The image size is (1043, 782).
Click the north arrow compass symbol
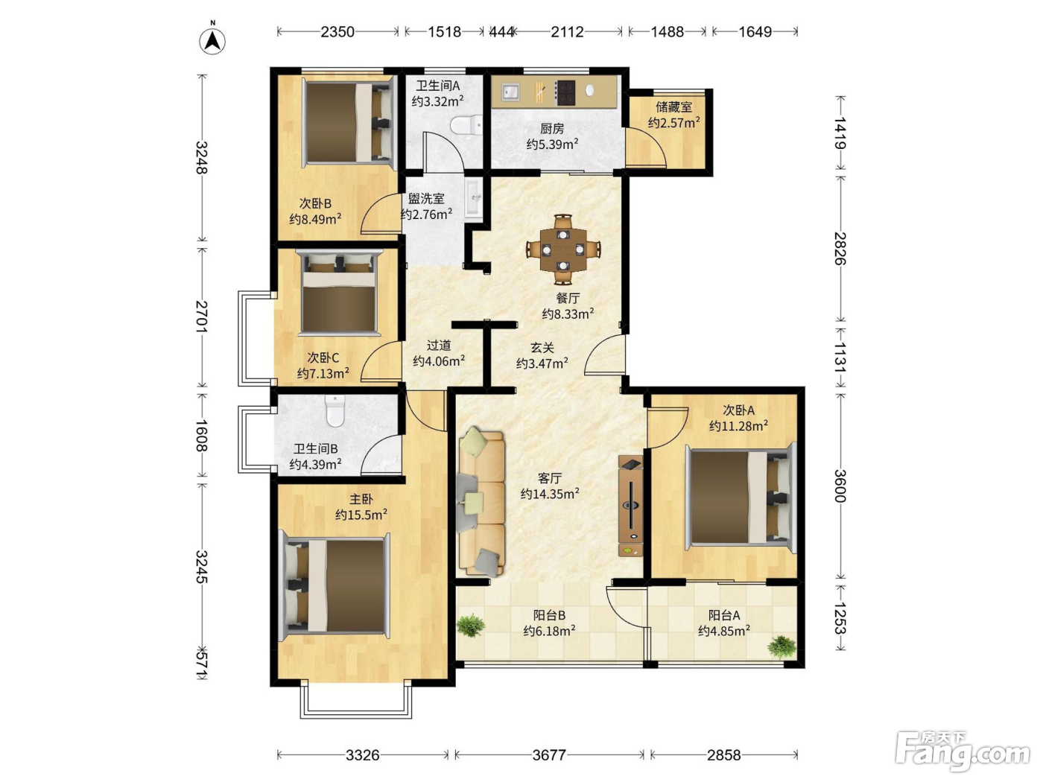pyautogui.click(x=212, y=40)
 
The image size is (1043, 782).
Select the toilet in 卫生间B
pyautogui.click(x=335, y=411)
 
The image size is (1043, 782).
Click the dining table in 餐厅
pyautogui.click(x=563, y=249)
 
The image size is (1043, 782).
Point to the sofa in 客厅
pyautogui.click(x=481, y=502)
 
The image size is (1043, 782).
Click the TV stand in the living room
pyautogui.click(x=630, y=506)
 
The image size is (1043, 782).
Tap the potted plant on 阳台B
pyautogui.click(x=471, y=626)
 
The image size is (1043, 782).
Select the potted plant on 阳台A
pyautogui.click(x=782, y=646)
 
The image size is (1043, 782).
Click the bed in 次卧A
pyautogui.click(x=741, y=498)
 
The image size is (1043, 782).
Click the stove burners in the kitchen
pyautogui.click(x=565, y=92)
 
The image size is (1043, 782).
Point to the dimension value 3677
pyautogui.click(x=549, y=754)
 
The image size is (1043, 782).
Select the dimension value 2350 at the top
pyautogui.click(x=337, y=32)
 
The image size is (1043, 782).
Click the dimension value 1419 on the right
pyautogui.click(x=840, y=133)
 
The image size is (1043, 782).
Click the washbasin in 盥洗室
pyautogui.click(x=475, y=198)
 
